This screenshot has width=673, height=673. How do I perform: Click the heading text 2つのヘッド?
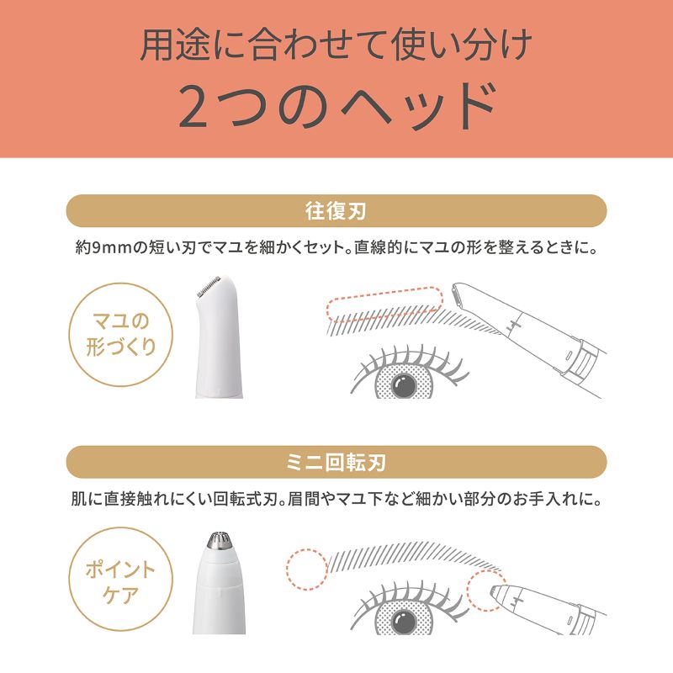click(x=338, y=106)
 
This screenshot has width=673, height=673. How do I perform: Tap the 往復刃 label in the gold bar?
click(x=336, y=211)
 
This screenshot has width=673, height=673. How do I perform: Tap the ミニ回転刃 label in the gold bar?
click(x=336, y=462)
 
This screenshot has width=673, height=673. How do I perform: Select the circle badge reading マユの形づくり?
click(x=120, y=334)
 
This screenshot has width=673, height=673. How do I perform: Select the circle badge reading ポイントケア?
click(x=120, y=579)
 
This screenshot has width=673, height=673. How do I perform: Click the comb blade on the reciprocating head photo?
click(x=209, y=286)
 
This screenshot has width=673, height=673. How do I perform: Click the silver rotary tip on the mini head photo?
click(x=220, y=540)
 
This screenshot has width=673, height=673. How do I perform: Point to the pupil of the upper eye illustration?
click(x=404, y=384)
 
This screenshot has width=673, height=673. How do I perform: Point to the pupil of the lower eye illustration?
click(x=404, y=619)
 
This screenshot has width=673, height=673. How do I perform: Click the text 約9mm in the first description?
click(x=103, y=247)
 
